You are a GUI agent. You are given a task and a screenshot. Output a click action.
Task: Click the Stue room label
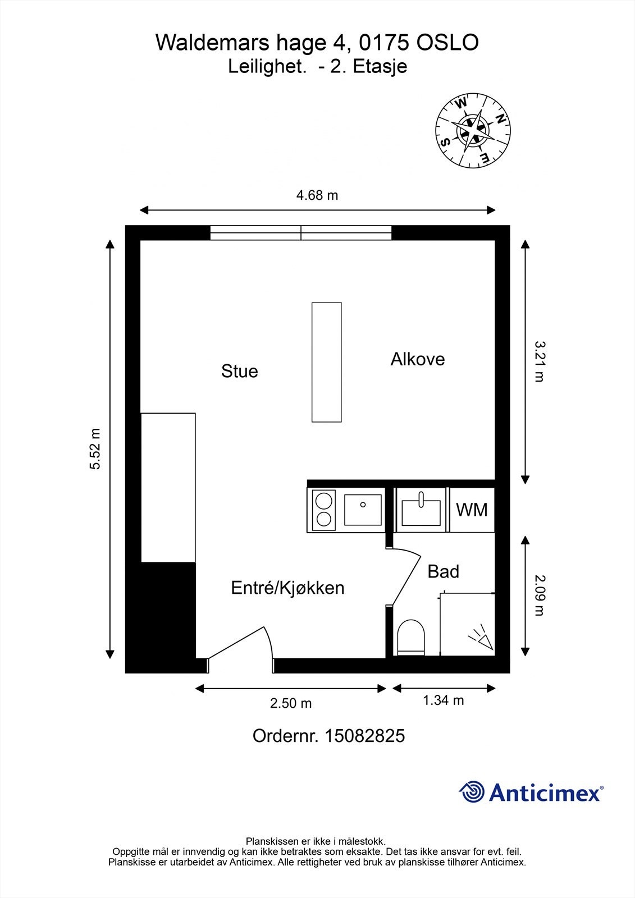pyautogui.click(x=240, y=371)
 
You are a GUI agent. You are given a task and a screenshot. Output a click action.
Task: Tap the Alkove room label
pyautogui.click(x=418, y=359)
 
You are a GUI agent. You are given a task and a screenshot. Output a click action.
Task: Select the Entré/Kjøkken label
pyautogui.click(x=287, y=588)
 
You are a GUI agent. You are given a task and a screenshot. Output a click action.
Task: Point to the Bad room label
pyautogui.click(x=443, y=571)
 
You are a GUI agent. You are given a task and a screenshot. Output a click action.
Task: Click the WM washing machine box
pyautogui.click(x=472, y=510)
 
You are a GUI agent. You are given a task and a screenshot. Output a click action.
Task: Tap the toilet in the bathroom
pyautogui.click(x=411, y=638)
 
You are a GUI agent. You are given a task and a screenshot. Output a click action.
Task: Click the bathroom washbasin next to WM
pyautogui.click(x=421, y=510)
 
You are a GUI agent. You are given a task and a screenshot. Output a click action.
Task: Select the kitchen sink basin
pyautogui.click(x=363, y=510)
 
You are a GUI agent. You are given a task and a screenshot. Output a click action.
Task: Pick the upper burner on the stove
pyautogui.click(x=324, y=501)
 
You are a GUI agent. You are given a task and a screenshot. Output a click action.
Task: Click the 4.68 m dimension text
pyautogui.click(x=317, y=195)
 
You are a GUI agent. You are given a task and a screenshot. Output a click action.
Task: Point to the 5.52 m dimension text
pyautogui.click(x=95, y=448)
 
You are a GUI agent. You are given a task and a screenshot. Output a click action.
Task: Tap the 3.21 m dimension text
pyautogui.click(x=540, y=361)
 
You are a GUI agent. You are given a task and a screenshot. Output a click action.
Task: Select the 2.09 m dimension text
pyautogui.click(x=540, y=595)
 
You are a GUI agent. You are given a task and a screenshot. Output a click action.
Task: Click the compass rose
pyautogui.click(x=473, y=130)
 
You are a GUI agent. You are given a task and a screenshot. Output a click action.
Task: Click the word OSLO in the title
pyautogui.click(x=447, y=43)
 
